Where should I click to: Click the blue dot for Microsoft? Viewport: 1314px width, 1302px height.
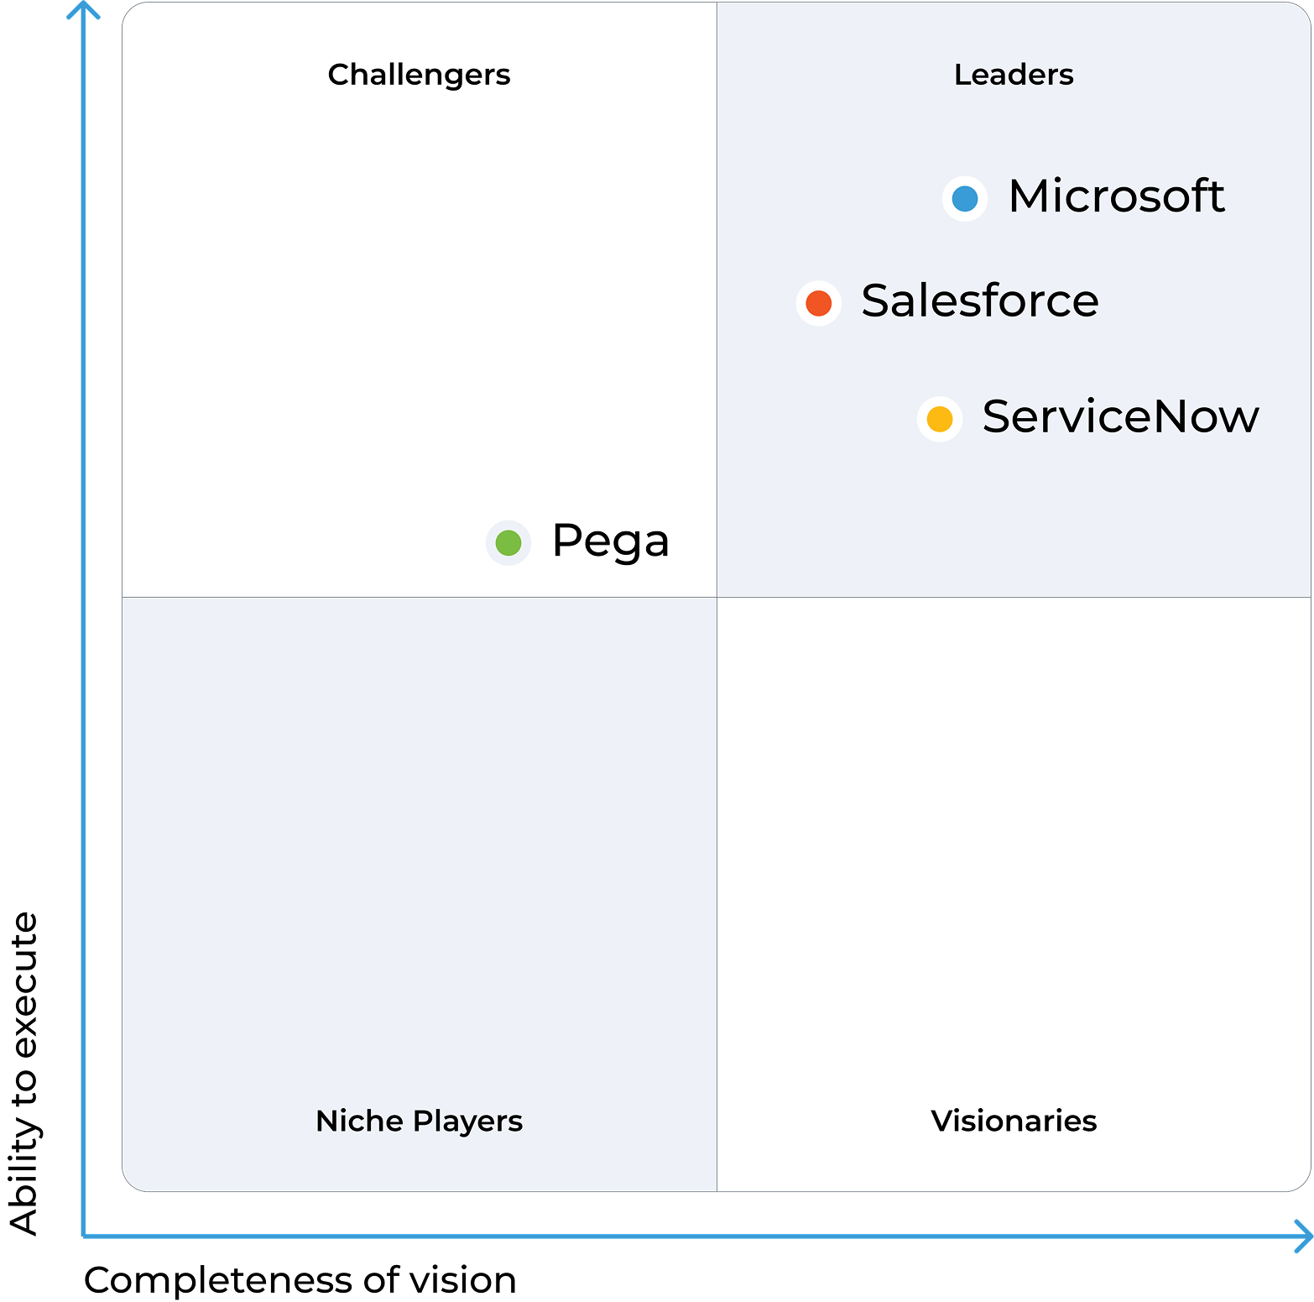(x=965, y=199)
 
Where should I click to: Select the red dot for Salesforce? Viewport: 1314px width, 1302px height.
(x=818, y=303)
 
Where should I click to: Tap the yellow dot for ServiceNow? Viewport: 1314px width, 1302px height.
(x=940, y=419)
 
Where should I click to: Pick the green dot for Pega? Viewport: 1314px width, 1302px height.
(x=508, y=543)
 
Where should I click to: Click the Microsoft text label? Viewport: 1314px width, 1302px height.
(x=1116, y=196)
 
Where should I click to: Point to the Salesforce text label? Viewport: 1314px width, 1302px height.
(x=980, y=301)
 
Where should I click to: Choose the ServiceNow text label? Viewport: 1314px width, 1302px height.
(x=1121, y=416)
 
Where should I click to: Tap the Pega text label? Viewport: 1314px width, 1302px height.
(x=611, y=542)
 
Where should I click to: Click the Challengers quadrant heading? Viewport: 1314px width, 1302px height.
(x=420, y=76)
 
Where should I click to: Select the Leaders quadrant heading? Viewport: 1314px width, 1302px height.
(x=1014, y=75)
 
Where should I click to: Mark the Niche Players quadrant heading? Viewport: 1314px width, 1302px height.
(x=420, y=1122)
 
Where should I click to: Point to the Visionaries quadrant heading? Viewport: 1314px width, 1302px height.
(x=1014, y=1121)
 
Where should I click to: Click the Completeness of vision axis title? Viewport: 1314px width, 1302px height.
(x=300, y=1280)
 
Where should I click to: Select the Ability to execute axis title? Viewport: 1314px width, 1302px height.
(x=24, y=1074)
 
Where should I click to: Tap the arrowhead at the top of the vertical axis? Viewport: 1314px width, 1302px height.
(x=83, y=3)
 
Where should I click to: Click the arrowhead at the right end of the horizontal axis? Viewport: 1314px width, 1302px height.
(x=1309, y=1237)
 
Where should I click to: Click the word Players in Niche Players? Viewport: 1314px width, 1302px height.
(x=467, y=1122)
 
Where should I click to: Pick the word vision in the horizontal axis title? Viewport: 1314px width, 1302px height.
(x=462, y=1280)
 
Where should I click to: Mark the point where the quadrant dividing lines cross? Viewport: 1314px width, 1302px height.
(x=717, y=598)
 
